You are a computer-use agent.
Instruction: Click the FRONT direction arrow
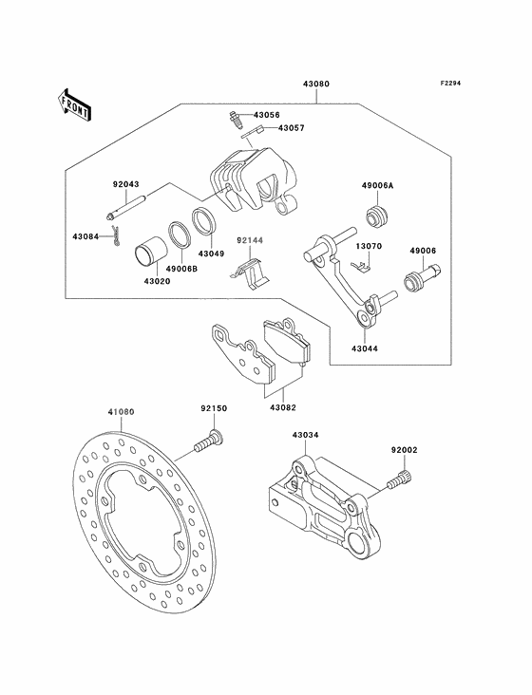[74, 104]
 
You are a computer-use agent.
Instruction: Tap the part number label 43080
[316, 84]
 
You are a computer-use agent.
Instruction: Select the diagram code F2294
[450, 83]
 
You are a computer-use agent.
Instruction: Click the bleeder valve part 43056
[235, 120]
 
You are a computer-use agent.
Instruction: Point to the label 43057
[292, 128]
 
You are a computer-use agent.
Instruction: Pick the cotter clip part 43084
[117, 236]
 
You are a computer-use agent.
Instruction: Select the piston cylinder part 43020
[151, 254]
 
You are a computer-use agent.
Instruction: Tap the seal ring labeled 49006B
[180, 234]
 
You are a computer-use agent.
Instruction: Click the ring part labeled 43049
[204, 220]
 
